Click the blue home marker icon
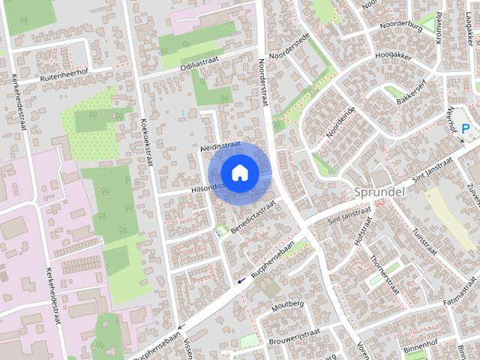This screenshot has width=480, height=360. pos(239,172)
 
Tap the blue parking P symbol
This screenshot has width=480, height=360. pos(466,129)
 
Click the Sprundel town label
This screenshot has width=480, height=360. pos(379,191)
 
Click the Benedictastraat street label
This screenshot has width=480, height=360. pos(253,214)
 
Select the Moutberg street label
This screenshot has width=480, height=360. pos(286,304)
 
